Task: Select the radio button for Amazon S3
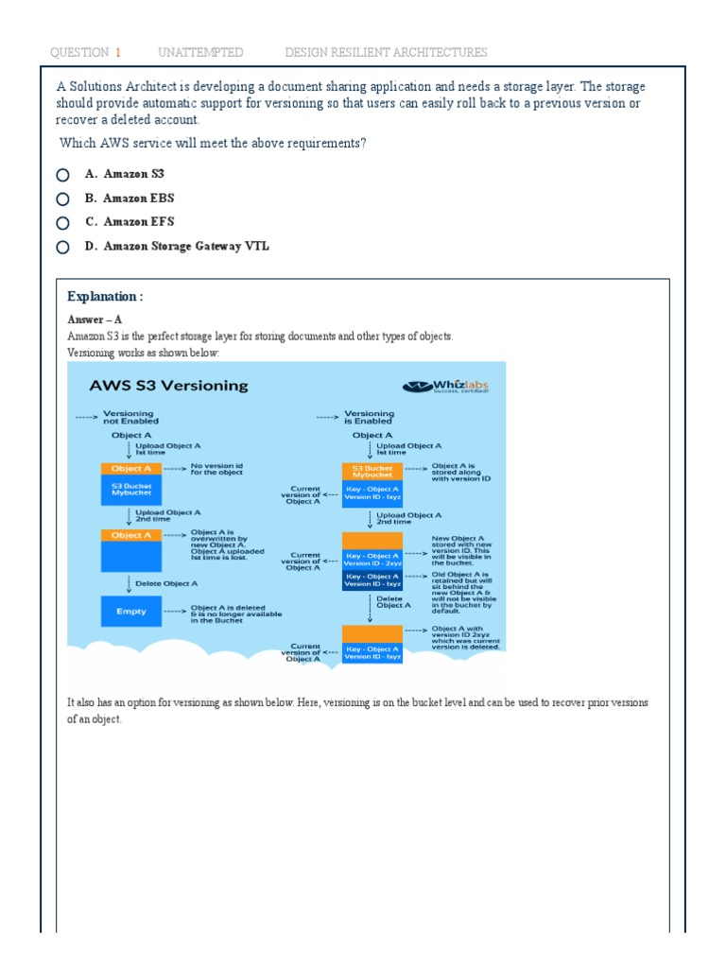[62, 175]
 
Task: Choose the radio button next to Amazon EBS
[62, 199]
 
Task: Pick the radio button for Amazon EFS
[62, 223]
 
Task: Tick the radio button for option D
[62, 248]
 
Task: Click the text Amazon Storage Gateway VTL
[186, 246]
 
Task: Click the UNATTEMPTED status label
[200, 52]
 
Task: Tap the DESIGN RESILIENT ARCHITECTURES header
[386, 52]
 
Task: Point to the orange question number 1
[118, 52]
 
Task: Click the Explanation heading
[105, 297]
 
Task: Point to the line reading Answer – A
[95, 320]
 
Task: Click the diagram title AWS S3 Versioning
[168, 386]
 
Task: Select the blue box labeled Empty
[131, 612]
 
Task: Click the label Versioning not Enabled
[130, 418]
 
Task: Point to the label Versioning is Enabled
[370, 418]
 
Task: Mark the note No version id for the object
[216, 469]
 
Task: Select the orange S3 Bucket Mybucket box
[372, 471]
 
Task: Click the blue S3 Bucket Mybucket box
[131, 489]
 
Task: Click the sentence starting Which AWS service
[213, 143]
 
